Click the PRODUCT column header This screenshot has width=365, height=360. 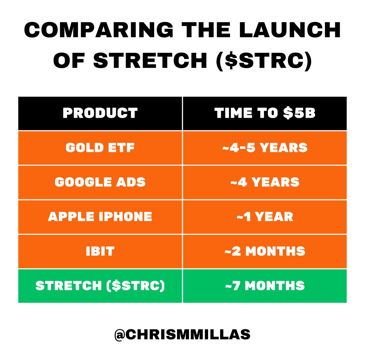point(100,113)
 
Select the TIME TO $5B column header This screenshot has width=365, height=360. point(265,113)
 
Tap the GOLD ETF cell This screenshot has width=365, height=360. point(100,148)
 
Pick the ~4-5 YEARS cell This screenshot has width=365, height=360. point(265,148)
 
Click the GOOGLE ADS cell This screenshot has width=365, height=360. point(100,182)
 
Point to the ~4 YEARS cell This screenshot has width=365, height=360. point(265,182)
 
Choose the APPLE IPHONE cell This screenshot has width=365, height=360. point(100,217)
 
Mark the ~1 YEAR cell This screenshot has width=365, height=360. point(265,217)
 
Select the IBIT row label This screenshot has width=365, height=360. point(100,252)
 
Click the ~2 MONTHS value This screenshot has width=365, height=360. point(265,252)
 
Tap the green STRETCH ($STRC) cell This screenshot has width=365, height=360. point(100,286)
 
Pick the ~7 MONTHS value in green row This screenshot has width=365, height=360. point(265,286)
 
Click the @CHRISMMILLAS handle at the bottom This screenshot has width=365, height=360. point(182,334)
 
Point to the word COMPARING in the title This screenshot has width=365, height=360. point(99,30)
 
